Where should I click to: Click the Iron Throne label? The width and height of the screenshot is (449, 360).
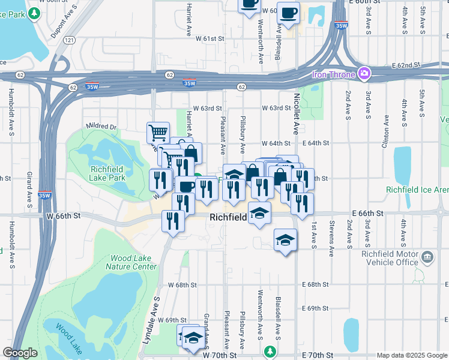(x=334, y=74)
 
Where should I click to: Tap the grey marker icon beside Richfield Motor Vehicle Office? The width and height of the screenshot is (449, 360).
(x=427, y=258)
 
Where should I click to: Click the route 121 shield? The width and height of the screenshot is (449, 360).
(x=70, y=40)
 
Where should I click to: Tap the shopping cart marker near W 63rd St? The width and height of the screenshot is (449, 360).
(x=158, y=131)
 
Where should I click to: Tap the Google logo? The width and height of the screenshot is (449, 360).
(x=20, y=353)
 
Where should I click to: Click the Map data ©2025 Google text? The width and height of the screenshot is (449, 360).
(x=411, y=355)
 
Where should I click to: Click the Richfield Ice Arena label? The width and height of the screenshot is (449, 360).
(x=417, y=190)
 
